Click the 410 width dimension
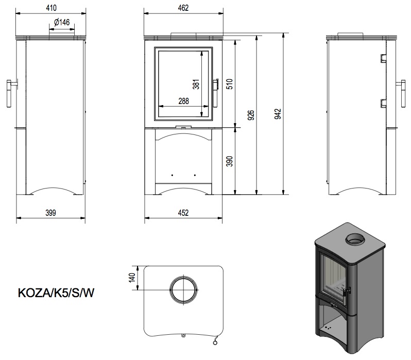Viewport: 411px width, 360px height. pyautogui.click(x=51, y=8)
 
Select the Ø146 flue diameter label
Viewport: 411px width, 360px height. pyautogui.click(x=62, y=22)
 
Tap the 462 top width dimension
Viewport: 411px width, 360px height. pyautogui.click(x=183, y=8)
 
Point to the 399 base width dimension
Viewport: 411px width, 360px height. pyautogui.click(x=50, y=213)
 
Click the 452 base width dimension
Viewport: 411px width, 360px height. pyautogui.click(x=183, y=213)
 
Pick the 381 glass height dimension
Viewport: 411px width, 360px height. pyautogui.click(x=196, y=84)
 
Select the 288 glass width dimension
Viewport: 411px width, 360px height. pyautogui.click(x=183, y=101)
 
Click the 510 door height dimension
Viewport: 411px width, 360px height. pyautogui.click(x=229, y=84)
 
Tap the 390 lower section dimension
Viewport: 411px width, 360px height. pyautogui.click(x=229, y=161)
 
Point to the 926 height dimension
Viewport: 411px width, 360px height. pyautogui.click(x=251, y=115)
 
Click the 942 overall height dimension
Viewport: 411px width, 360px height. pyautogui.click(x=278, y=114)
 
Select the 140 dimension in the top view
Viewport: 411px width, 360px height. pyautogui.click(x=132, y=278)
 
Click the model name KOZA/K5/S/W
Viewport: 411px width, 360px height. pyautogui.click(x=56, y=293)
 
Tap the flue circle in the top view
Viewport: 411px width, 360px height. pyautogui.click(x=183, y=277)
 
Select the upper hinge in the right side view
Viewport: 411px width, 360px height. pyautogui.click(x=383, y=58)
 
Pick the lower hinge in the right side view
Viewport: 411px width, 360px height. pyautogui.click(x=383, y=103)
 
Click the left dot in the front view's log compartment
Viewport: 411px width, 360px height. pyautogui.click(x=172, y=175)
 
